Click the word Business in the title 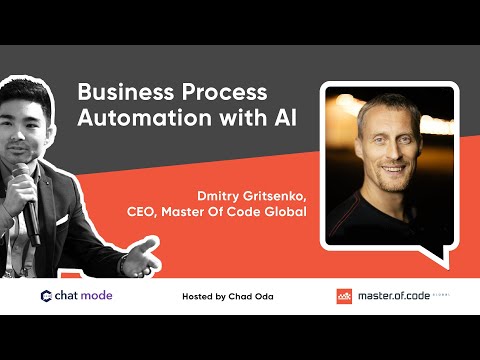117,92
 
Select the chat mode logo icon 46,296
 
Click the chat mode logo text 84,296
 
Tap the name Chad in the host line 251,297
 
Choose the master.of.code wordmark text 393,296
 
